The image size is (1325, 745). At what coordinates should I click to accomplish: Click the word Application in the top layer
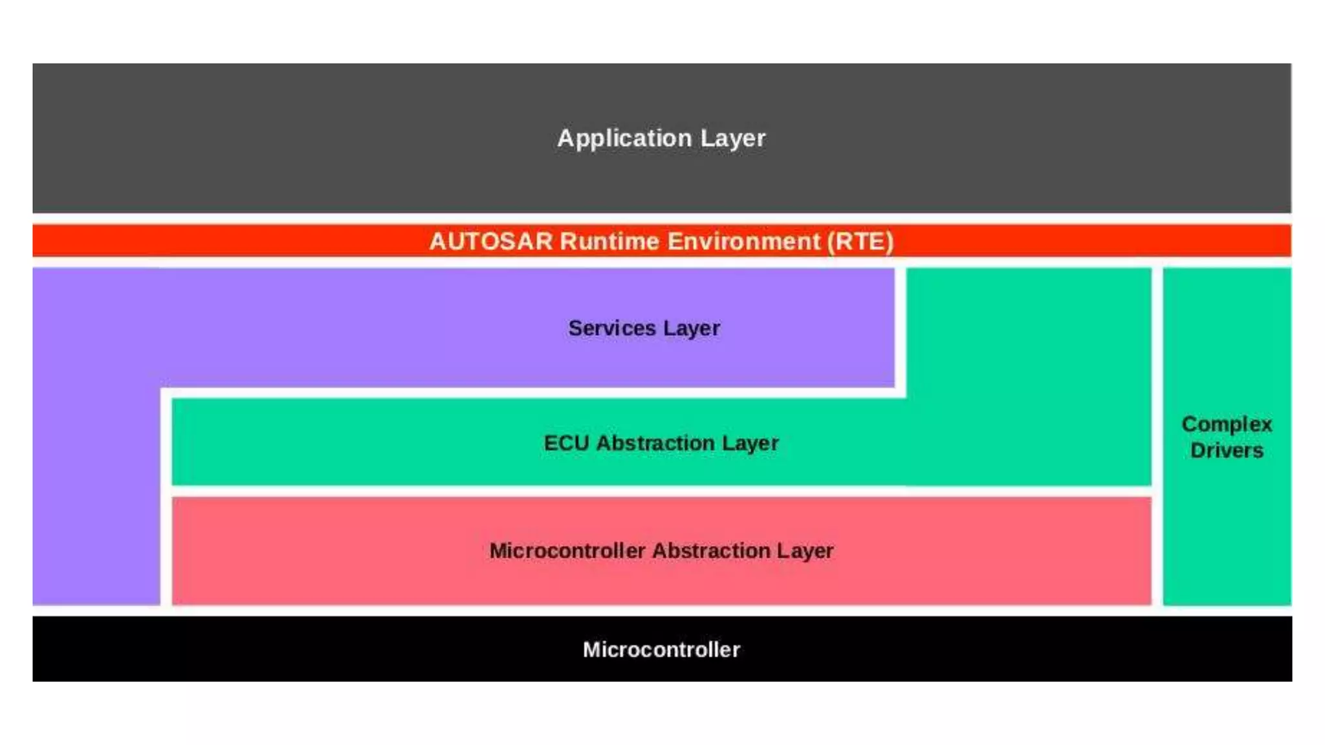[x=624, y=138]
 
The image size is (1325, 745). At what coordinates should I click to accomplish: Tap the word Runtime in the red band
[x=609, y=241]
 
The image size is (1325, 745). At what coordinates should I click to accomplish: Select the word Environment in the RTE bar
[x=743, y=241]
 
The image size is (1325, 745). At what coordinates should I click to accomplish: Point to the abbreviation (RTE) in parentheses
[x=860, y=241]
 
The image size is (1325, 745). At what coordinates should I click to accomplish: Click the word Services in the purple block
[x=612, y=328]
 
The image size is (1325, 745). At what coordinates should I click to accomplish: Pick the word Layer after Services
[x=692, y=328]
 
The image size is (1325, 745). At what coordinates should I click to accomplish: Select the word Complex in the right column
[x=1227, y=424]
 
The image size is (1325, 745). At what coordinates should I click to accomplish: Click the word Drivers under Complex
[x=1227, y=450]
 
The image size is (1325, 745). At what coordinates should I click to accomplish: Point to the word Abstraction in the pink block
[x=711, y=550]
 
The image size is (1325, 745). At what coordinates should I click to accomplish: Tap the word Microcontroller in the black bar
[x=661, y=649]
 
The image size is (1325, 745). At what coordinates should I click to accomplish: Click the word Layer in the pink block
[x=805, y=550]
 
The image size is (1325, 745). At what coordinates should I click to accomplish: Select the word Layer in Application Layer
[x=733, y=138]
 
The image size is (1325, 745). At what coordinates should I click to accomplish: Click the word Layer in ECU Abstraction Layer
[x=750, y=443]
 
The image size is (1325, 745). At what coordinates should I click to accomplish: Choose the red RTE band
[x=194, y=241]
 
